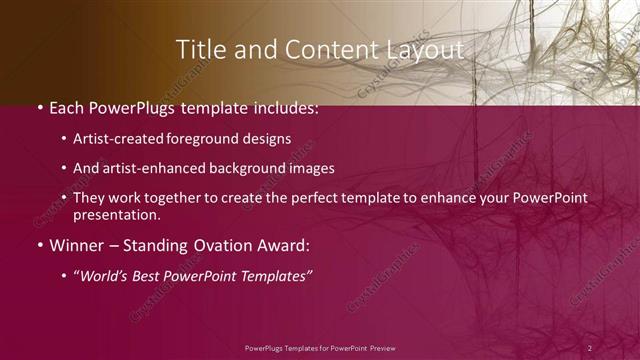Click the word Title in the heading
click(197, 50)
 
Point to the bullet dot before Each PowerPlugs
click(38, 107)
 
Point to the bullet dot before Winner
click(38, 245)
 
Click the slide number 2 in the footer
click(590, 347)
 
